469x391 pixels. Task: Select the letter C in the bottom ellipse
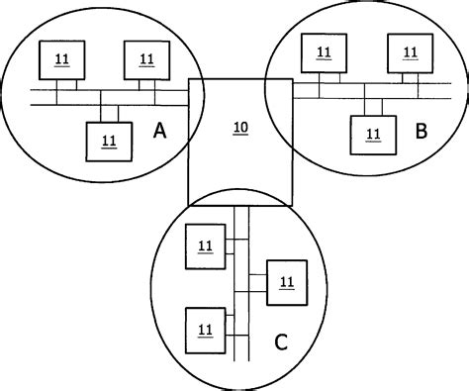pyautogui.click(x=280, y=342)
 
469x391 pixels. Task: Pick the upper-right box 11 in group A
pyautogui.click(x=146, y=59)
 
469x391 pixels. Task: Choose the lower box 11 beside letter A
pyautogui.click(x=108, y=141)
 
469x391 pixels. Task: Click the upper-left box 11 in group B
pyautogui.click(x=323, y=54)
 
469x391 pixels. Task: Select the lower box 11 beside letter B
pyautogui.click(x=373, y=132)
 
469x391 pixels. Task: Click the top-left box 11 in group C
pyautogui.click(x=205, y=245)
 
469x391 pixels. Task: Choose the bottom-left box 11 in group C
pyautogui.click(x=205, y=328)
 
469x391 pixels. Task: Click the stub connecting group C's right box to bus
pyautogui.click(x=256, y=283)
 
